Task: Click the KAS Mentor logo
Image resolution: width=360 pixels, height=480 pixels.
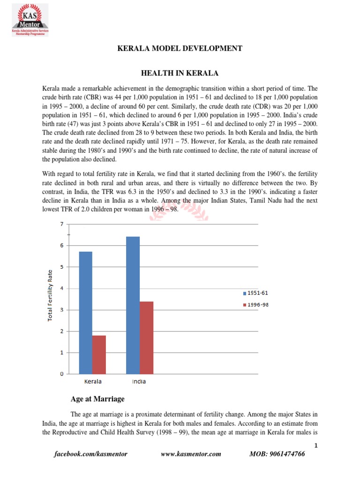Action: click(x=30, y=19)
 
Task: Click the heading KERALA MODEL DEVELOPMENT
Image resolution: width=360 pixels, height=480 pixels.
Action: click(x=180, y=48)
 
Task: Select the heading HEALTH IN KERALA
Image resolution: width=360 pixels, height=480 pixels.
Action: click(x=180, y=73)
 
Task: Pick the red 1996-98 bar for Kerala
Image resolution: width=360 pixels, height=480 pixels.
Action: click(x=98, y=354)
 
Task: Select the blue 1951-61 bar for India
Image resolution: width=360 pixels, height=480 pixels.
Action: click(x=133, y=305)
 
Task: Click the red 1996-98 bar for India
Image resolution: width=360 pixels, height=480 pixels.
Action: click(x=146, y=337)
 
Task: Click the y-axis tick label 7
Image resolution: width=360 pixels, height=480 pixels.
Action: click(x=61, y=224)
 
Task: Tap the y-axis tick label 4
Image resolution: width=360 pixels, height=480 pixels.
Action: click(x=61, y=288)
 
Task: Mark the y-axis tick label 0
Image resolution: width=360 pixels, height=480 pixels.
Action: click(x=61, y=374)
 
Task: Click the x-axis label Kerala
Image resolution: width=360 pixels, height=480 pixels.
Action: click(x=93, y=382)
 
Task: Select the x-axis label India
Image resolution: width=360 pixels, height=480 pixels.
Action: click(x=139, y=382)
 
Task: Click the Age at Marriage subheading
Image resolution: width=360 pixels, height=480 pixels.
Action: click(x=97, y=399)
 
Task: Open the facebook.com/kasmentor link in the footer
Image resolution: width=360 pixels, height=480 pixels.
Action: click(x=91, y=454)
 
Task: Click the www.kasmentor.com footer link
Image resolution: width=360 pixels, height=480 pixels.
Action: click(x=190, y=454)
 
